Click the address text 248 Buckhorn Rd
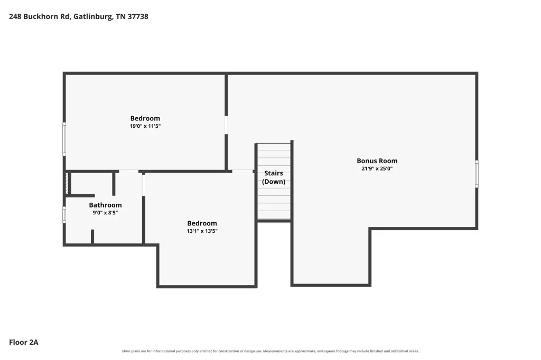(x=39, y=16)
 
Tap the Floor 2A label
(x=23, y=342)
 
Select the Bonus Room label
(x=377, y=160)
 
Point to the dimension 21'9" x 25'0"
(x=377, y=168)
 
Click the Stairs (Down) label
(x=274, y=177)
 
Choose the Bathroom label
(x=105, y=205)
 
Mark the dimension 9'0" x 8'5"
(x=105, y=213)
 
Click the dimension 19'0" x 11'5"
(x=145, y=126)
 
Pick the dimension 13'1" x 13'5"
(x=202, y=231)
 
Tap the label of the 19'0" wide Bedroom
(x=145, y=118)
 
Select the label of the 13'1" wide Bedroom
(x=202, y=223)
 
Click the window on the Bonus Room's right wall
(x=477, y=174)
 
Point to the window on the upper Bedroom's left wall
(x=64, y=139)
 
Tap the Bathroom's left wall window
(x=64, y=214)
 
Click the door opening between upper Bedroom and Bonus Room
(x=226, y=125)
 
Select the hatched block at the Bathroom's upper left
(x=67, y=184)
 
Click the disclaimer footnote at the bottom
(x=270, y=351)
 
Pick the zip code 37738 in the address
(x=138, y=16)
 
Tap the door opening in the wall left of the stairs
(x=242, y=171)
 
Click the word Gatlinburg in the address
(x=93, y=17)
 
